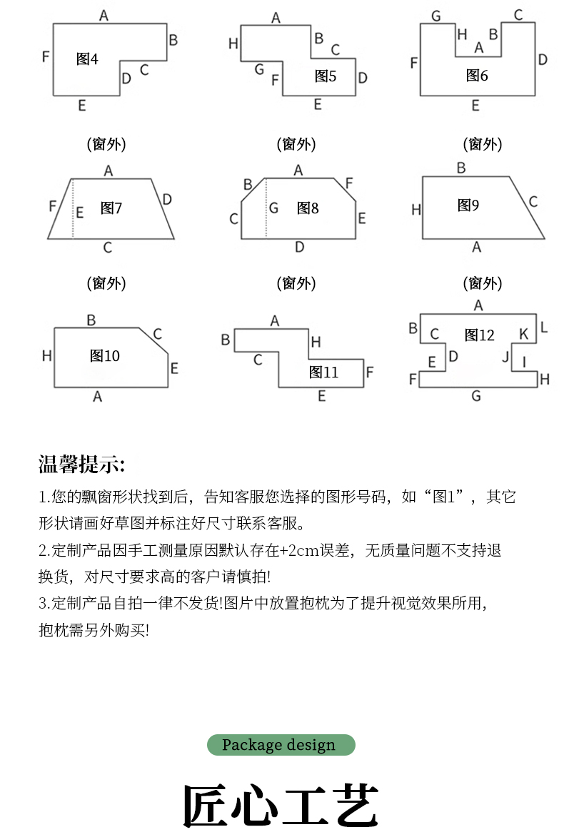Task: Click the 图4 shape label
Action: tap(87, 59)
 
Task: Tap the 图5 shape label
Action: tap(325, 76)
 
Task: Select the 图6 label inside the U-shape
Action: tap(477, 75)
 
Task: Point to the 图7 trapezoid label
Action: tap(111, 208)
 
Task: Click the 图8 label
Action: tap(308, 208)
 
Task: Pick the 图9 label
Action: tap(468, 206)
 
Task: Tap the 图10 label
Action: tap(105, 356)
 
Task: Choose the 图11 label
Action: tap(323, 372)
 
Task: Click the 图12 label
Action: tap(479, 335)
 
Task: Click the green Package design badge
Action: tap(281, 745)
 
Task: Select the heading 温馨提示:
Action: tap(81, 465)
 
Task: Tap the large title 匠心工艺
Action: tap(281, 806)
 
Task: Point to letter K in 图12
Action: tap(523, 334)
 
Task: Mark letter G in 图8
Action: tap(273, 208)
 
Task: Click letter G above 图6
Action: tap(435, 15)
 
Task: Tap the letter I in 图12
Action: tap(524, 361)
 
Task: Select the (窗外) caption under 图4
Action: tap(106, 144)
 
